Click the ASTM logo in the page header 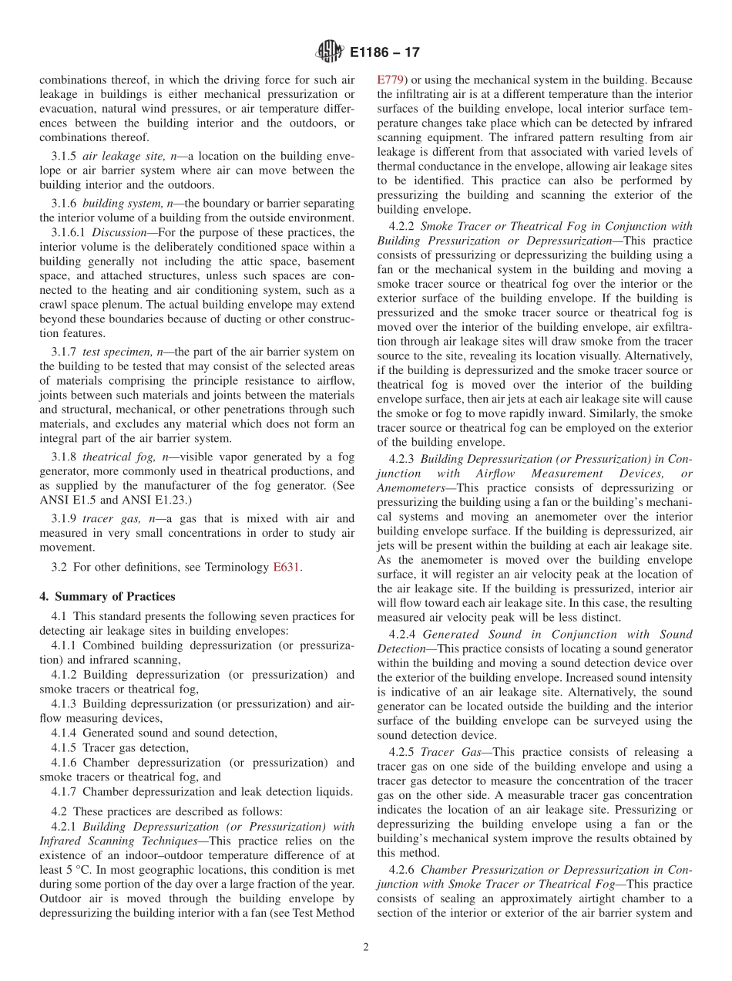(x=329, y=53)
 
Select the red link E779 (x=389, y=79)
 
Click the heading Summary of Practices (x=107, y=596)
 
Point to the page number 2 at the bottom (x=366, y=947)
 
